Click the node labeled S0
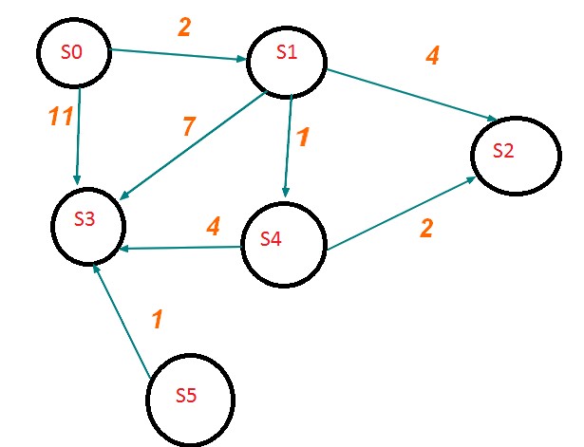[72, 53]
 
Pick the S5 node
[188, 394]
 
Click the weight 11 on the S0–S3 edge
[61, 118]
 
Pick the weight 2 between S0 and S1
[184, 28]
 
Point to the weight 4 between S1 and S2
[432, 55]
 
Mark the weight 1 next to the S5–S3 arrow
[158, 321]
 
